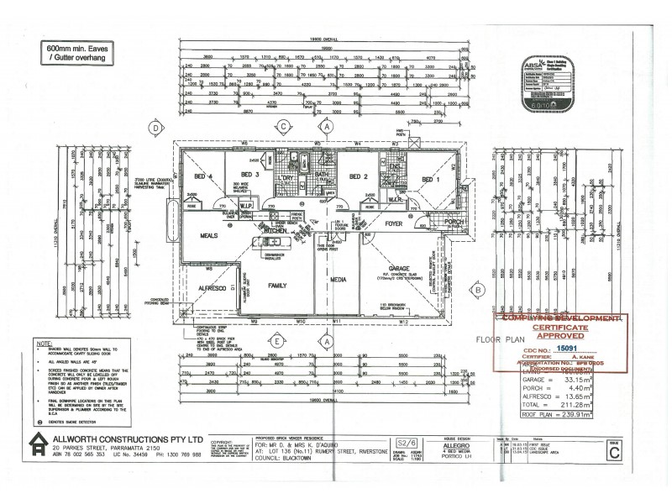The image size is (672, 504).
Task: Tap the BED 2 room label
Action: click(x=360, y=176)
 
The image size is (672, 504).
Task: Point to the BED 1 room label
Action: click(x=431, y=180)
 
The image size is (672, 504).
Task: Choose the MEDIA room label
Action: click(x=339, y=277)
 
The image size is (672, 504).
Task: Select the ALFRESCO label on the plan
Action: click(x=213, y=288)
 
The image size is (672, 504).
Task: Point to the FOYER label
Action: click(x=395, y=224)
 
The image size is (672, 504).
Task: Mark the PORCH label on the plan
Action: click(x=454, y=223)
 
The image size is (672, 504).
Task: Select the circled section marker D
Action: click(x=155, y=129)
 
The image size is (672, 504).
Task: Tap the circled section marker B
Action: click(x=477, y=290)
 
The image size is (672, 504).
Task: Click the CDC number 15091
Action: click(x=567, y=347)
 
